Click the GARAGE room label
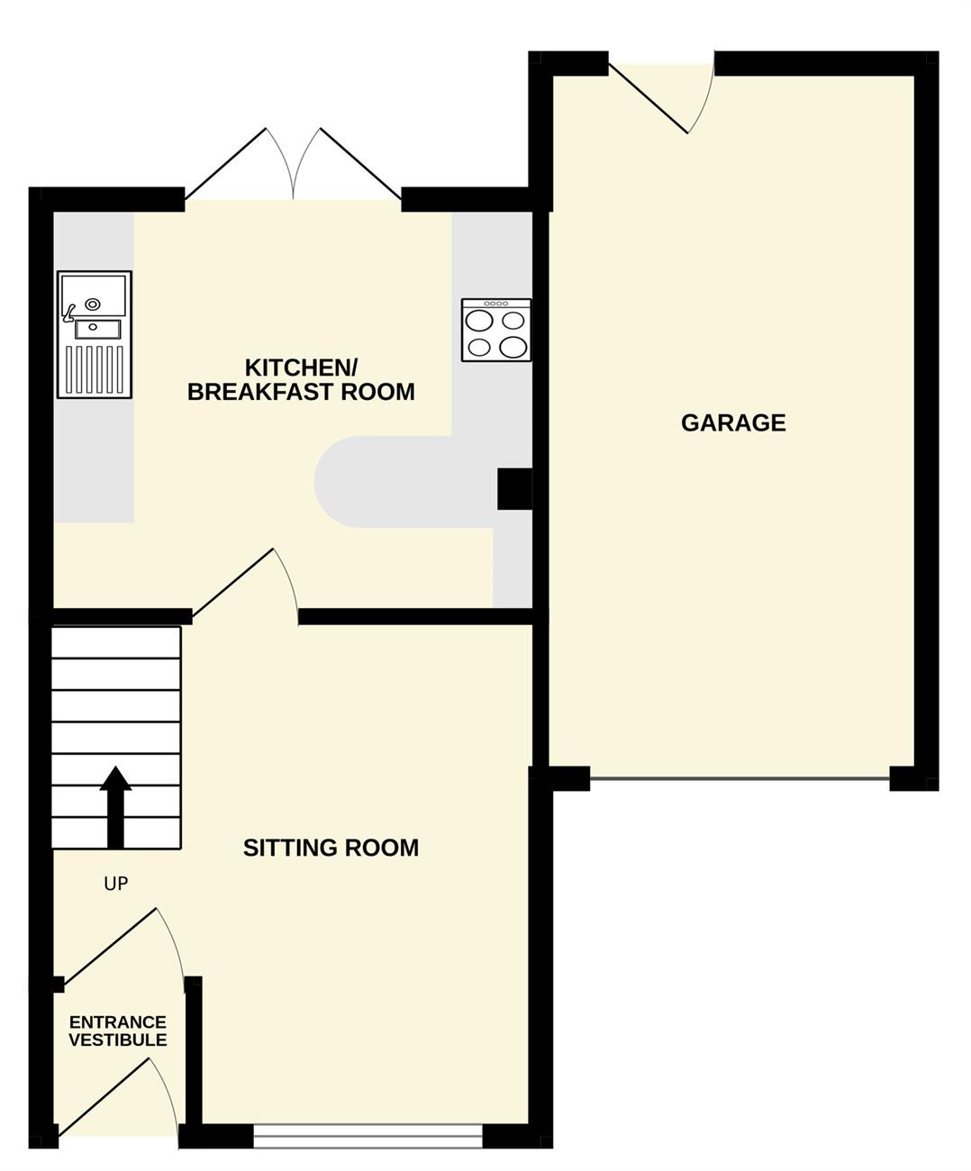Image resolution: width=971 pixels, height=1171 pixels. tap(733, 423)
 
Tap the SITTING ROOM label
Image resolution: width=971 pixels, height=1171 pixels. tap(331, 848)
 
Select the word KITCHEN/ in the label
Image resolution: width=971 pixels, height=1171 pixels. tap(301, 368)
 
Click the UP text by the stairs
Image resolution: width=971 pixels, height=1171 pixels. tap(116, 885)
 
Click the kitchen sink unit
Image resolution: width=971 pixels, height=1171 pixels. tap(95, 335)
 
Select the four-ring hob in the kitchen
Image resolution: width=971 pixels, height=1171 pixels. tap(496, 330)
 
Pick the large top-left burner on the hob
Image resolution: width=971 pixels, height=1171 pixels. tap(479, 321)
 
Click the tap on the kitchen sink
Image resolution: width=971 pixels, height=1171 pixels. tap(69, 313)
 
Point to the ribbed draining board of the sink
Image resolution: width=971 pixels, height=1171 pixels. tap(95, 369)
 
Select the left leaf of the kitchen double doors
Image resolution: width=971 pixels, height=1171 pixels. tap(225, 164)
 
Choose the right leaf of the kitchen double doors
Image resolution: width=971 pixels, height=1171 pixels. tap(360, 164)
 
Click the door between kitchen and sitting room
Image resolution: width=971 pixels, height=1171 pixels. tap(232, 584)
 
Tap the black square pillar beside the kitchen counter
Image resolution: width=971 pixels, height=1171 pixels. tap(514, 489)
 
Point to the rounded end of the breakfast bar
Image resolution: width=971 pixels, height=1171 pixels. tap(331, 482)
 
